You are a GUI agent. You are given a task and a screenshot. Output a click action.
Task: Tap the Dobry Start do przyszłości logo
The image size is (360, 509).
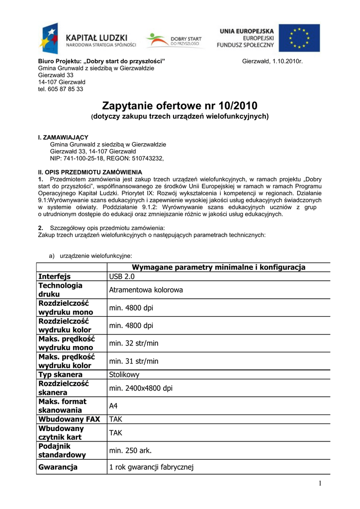pos(174,40)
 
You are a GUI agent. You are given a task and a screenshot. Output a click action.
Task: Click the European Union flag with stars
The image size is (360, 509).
pos(299,38)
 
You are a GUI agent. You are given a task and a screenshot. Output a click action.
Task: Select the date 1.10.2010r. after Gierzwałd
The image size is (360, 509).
pos(285,61)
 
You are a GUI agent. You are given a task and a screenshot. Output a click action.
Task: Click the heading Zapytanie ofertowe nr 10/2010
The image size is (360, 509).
pos(180,106)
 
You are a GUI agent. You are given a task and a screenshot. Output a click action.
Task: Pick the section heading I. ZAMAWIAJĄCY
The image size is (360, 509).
pos(63,137)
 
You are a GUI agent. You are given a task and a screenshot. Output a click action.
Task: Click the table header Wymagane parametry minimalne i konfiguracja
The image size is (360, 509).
pos(218,267)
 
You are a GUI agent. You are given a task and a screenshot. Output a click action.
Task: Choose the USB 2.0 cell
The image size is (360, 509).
pos(122,276)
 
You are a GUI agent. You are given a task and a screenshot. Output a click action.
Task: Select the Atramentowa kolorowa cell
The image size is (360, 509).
pos(146,289)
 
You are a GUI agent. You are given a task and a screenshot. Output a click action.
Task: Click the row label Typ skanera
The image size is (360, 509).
pos(61,374)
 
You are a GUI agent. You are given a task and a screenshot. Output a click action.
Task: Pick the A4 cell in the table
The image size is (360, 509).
pos(113,406)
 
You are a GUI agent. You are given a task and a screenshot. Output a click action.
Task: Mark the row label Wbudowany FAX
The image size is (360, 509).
pos(69,419)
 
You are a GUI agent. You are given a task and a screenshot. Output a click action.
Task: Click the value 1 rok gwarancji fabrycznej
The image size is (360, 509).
pos(151,467)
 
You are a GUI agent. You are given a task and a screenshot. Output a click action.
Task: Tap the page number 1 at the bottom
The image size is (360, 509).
pos(321,484)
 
